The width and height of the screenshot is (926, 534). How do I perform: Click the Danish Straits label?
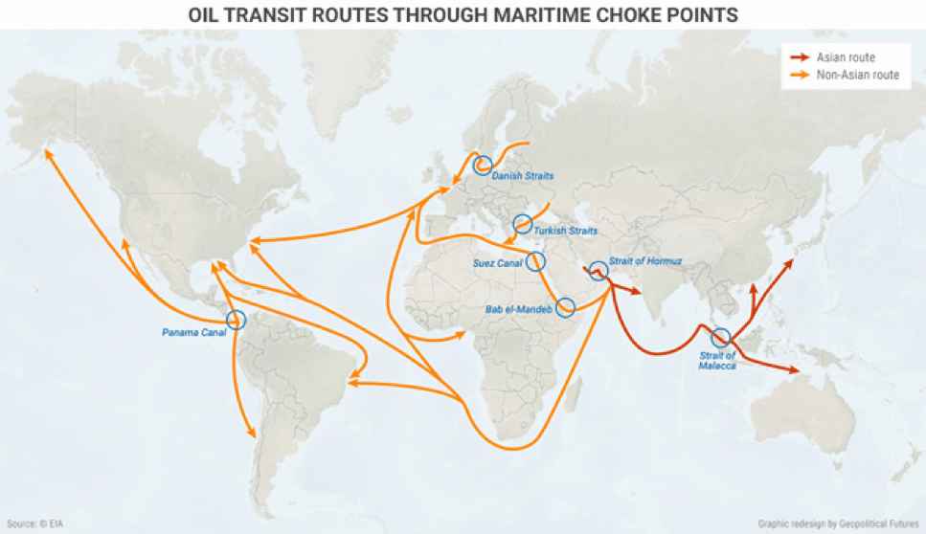[x=523, y=176]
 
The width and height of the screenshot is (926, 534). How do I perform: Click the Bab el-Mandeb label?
[x=518, y=308]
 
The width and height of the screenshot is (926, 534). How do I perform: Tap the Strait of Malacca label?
[x=716, y=361]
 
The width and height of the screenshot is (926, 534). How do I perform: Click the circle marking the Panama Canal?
[x=236, y=322]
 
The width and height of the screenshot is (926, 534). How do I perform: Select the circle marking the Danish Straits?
[x=483, y=165]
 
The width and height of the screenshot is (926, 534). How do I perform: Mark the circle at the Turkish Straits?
[x=522, y=224]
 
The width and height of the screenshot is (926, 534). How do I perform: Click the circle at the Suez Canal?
[x=536, y=260]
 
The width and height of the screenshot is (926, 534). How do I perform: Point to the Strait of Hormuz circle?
[x=598, y=271]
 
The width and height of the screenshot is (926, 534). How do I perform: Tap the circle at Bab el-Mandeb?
[x=565, y=307]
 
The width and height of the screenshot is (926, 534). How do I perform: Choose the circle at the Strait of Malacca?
[x=721, y=337]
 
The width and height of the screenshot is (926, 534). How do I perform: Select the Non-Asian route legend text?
[x=857, y=75]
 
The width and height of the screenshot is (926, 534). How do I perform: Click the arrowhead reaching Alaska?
[x=47, y=153]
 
